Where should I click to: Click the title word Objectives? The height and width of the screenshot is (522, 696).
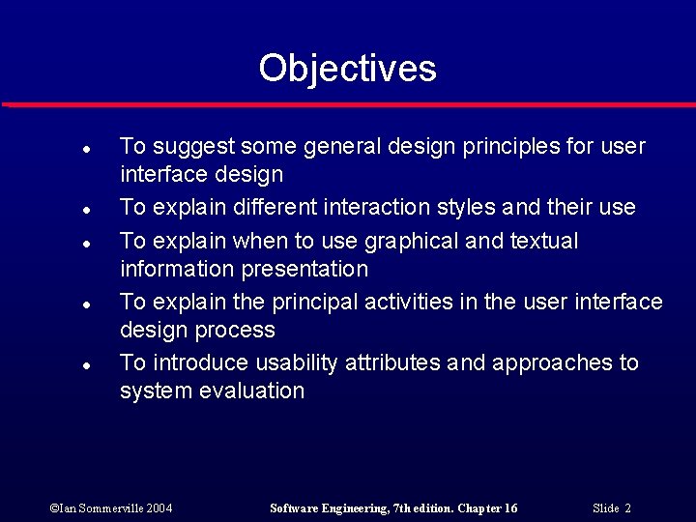(347, 69)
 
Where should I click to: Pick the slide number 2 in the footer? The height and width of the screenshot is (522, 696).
(627, 507)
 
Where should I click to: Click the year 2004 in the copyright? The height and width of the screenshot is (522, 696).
(159, 507)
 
